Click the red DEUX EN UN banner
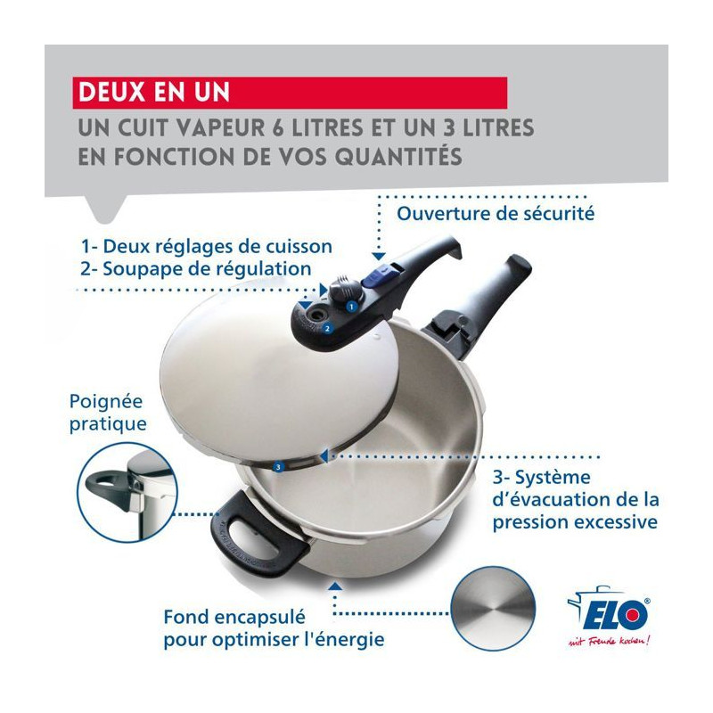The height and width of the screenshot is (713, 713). click(290, 93)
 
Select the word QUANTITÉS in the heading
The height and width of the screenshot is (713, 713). click(398, 156)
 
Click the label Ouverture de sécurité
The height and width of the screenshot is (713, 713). click(496, 213)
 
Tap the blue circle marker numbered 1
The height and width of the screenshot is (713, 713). click(350, 307)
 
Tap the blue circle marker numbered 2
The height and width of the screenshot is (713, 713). click(327, 328)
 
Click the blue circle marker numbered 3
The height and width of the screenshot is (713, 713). click(278, 466)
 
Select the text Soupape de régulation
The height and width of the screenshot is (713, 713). click(207, 269)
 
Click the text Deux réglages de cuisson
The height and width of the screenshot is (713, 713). click(217, 247)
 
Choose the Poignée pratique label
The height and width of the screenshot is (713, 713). click(108, 413)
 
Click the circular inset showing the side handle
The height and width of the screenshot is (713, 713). click(127, 493)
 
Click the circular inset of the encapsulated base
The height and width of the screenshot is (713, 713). click(493, 609)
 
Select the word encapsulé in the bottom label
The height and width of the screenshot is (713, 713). click(260, 618)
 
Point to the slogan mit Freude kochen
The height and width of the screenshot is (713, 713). click(609, 640)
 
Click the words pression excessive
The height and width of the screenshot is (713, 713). click(575, 522)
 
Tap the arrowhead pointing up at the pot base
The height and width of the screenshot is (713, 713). click(335, 586)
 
